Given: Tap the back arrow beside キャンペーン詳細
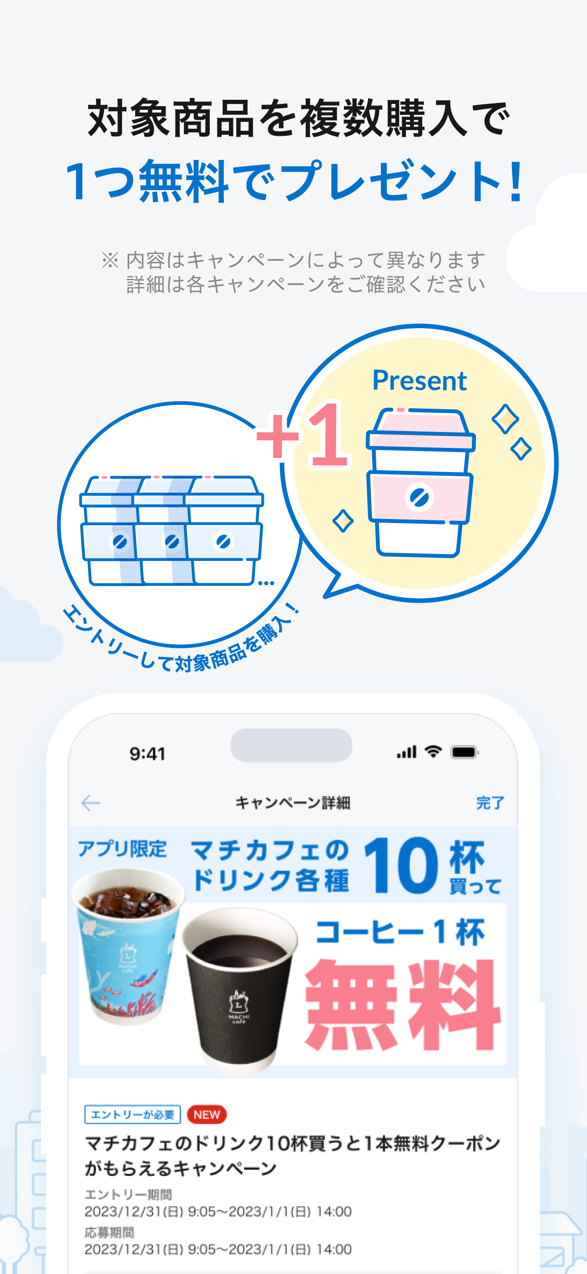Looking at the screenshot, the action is click(91, 803).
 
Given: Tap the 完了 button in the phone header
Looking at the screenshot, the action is click(490, 803).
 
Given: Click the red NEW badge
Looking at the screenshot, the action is click(207, 1114).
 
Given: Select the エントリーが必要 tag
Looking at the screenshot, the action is click(132, 1114).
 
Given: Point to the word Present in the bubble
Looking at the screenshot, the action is click(420, 381).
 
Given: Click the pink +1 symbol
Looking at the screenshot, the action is click(303, 435).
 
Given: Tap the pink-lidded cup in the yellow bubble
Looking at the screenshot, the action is click(420, 483).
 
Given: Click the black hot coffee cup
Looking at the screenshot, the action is click(240, 989).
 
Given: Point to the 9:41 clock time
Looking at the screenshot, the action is click(147, 754).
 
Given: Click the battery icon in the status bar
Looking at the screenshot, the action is click(465, 752).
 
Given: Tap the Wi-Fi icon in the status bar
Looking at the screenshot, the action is click(433, 752).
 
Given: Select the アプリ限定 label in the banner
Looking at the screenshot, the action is click(122, 849).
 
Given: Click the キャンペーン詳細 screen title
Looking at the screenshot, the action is click(293, 803).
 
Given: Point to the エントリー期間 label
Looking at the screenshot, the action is click(128, 1195).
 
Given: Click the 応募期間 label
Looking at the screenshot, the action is click(109, 1233).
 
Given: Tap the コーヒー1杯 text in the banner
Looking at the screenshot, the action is click(400, 932).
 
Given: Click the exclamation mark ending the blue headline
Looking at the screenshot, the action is click(516, 181).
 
